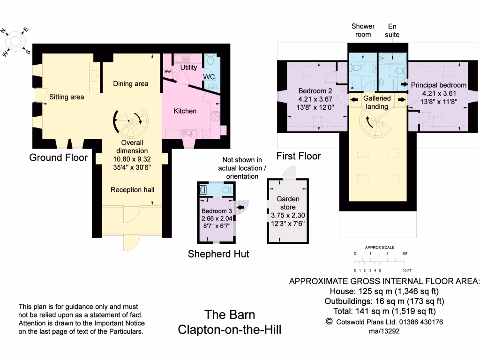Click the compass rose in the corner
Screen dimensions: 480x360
click(15, 42)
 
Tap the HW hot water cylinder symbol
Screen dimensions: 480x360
click(168, 72)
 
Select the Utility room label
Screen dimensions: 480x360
click(188, 67)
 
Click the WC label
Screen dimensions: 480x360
click(209, 77)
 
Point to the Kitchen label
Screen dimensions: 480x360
click(185, 111)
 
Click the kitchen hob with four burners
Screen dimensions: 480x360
click(215, 116)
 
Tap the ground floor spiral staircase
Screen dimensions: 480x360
click(131, 123)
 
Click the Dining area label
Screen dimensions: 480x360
click(131, 84)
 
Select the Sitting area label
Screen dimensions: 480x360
click(67, 97)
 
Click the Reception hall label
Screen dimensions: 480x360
click(133, 190)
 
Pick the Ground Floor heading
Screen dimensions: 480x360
click(59, 157)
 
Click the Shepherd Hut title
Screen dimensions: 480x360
click(218, 254)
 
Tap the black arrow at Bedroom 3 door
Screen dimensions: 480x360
click(240, 207)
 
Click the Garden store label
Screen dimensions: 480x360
click(288, 203)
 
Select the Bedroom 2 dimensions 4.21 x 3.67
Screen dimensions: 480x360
click(315, 99)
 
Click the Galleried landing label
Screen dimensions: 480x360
click(377, 102)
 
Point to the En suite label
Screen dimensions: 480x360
click(392, 30)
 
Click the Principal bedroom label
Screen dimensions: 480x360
click(439, 85)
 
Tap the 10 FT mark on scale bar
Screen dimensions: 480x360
click(407, 270)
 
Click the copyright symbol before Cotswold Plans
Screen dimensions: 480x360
click(329, 322)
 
